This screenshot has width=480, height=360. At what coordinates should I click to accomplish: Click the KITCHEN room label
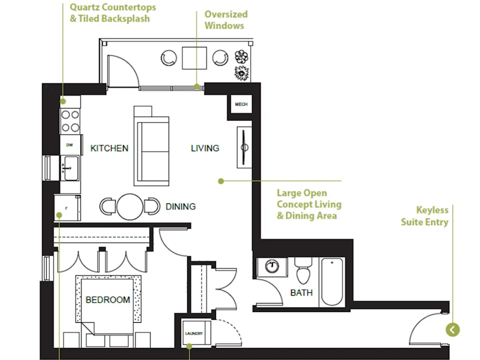click(x=109, y=148)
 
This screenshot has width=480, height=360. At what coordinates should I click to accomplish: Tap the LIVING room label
click(x=205, y=148)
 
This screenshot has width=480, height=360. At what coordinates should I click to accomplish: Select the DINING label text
click(x=181, y=206)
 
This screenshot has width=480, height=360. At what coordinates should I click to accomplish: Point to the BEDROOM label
click(x=108, y=299)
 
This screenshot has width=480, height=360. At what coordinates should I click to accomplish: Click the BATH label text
click(x=302, y=293)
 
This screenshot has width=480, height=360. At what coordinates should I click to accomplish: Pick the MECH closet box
click(x=241, y=104)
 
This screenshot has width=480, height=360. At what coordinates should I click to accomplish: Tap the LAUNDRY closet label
click(x=194, y=334)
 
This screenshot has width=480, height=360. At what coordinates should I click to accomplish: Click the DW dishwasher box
click(x=70, y=145)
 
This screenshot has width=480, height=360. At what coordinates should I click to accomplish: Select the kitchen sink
click(x=70, y=168)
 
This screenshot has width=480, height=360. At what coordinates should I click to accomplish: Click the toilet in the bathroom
click(x=303, y=271)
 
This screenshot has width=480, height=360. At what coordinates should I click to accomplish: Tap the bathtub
click(x=332, y=281)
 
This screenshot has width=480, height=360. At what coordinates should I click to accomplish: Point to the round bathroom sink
click(x=272, y=266)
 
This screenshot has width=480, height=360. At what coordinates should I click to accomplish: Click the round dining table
click(x=130, y=206)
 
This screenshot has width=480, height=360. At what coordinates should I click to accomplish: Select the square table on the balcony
click(x=194, y=58)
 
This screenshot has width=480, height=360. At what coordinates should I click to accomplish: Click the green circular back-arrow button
click(x=453, y=329)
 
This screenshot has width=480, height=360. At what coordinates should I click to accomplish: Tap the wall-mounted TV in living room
click(x=244, y=148)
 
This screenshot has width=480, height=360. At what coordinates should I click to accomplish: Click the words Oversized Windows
click(x=226, y=20)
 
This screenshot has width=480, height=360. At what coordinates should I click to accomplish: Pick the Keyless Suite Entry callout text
click(x=425, y=216)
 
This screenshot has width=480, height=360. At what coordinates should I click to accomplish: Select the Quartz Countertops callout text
click(x=113, y=13)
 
